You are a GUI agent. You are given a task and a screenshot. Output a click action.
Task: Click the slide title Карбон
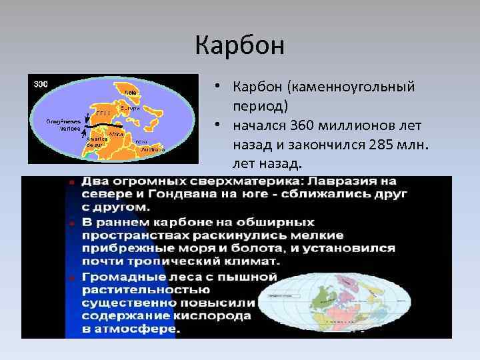[x=240, y=45]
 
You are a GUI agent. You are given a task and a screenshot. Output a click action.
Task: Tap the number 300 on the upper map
[x=40, y=84]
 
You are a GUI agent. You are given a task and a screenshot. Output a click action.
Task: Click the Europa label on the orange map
[x=130, y=107]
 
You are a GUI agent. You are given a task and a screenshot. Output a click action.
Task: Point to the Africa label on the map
[x=126, y=134]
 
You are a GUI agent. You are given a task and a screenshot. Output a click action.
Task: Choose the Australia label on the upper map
[x=149, y=150]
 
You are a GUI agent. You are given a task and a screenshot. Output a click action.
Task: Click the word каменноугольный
[x=361, y=87]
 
